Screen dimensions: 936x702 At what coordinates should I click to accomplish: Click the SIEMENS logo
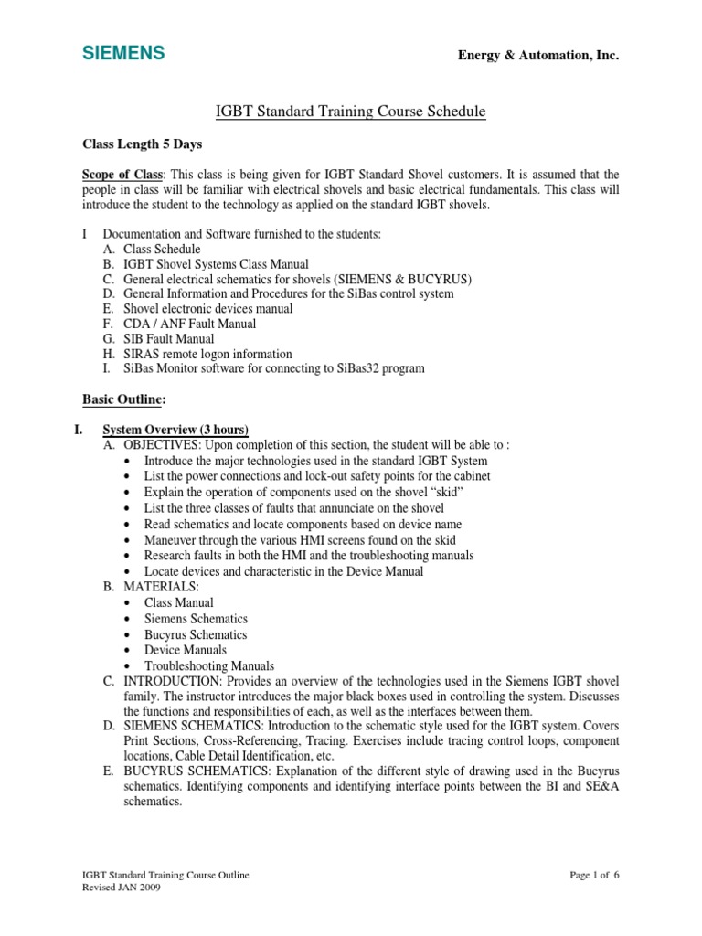[123, 54]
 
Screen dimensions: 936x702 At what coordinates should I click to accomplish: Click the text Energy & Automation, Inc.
[538, 57]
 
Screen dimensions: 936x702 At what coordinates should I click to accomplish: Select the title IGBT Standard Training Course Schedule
[350, 112]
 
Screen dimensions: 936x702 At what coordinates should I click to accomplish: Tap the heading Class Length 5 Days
[143, 144]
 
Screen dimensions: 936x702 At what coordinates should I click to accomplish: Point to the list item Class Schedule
[162, 249]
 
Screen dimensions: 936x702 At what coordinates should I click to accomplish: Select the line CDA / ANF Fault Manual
[190, 324]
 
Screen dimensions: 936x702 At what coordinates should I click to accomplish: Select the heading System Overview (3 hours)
[175, 430]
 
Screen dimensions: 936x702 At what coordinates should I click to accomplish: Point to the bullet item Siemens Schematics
[196, 619]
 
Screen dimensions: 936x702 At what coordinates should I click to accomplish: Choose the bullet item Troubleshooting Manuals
[209, 666]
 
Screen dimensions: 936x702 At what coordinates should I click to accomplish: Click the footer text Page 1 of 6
[594, 875]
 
